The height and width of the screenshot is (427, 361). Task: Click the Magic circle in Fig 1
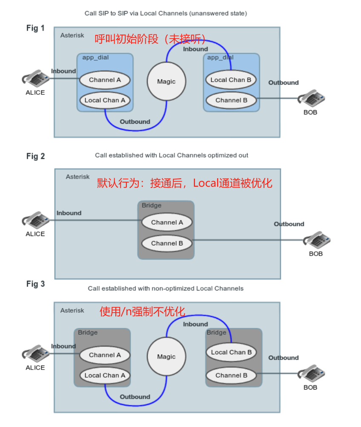(166, 81)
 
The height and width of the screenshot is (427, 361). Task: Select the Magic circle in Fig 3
(166, 356)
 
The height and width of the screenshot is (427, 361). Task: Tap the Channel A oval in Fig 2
(167, 222)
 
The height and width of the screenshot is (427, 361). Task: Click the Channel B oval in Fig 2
(167, 243)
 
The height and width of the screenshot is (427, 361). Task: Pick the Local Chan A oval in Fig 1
(105, 100)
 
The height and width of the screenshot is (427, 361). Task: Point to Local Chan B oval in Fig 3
(231, 352)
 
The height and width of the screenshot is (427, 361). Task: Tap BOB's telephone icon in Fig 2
(316, 241)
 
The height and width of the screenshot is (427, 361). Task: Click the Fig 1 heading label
(35, 28)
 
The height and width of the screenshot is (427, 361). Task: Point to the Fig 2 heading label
(35, 156)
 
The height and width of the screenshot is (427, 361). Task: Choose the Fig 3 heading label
(35, 284)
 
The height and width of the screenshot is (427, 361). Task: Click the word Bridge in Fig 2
(152, 205)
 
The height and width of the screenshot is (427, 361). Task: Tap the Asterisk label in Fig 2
(78, 176)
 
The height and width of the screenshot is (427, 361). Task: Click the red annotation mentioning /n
(142, 312)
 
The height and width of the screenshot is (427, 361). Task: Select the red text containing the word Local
(184, 183)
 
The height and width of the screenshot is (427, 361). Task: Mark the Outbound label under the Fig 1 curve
(135, 122)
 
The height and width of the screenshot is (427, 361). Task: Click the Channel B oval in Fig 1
(231, 100)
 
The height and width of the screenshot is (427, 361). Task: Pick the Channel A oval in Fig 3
(105, 355)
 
